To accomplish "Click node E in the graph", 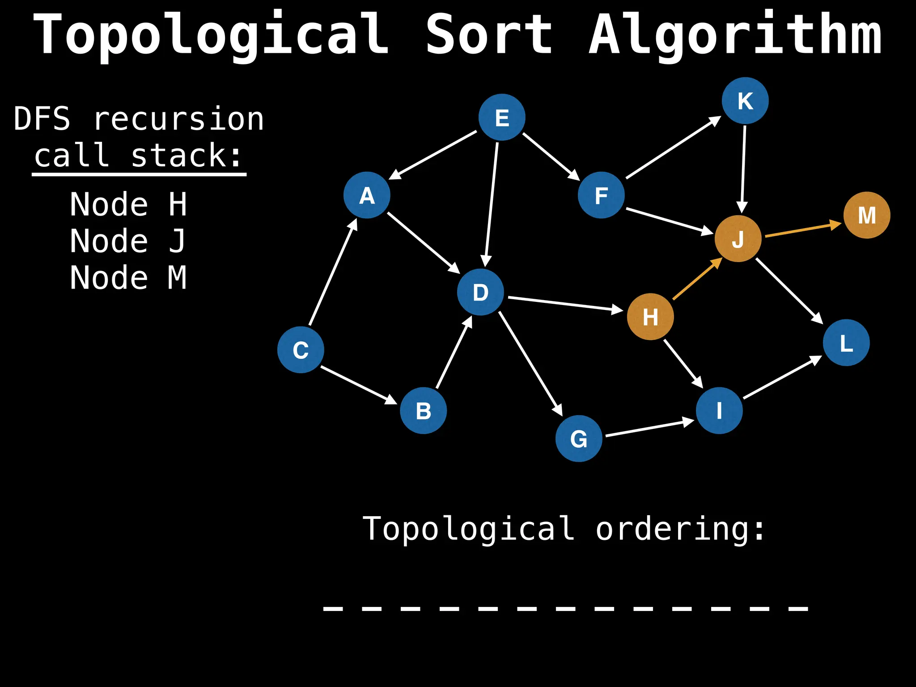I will [x=501, y=117].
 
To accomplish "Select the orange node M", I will [x=866, y=215].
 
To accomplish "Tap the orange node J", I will [x=738, y=238].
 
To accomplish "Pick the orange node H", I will [x=650, y=317].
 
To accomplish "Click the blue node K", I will [x=745, y=101].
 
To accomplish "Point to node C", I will [x=301, y=350].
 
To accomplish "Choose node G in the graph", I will [x=578, y=438].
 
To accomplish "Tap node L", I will [x=846, y=343].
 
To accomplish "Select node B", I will [x=423, y=411].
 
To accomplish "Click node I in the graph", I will [x=719, y=410].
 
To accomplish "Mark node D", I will [x=480, y=292].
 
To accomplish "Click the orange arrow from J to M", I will [x=803, y=229].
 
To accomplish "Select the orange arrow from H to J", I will [x=697, y=279].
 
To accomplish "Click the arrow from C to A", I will [x=333, y=272].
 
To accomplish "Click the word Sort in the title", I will [x=489, y=35].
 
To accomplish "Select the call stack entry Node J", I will [x=128, y=241].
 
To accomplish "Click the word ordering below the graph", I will [x=680, y=529].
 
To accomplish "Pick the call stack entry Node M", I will [x=128, y=278].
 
